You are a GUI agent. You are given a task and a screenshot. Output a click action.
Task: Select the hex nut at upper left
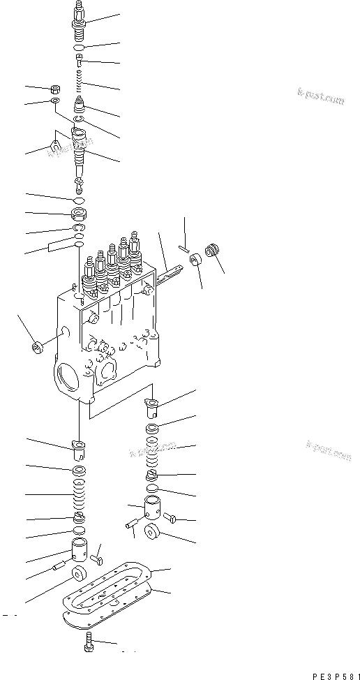54,90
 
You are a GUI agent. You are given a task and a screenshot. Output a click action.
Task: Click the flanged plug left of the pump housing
36,346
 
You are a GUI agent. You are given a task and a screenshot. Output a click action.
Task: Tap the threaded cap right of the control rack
215,251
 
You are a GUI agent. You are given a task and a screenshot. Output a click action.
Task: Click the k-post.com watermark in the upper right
320,98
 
